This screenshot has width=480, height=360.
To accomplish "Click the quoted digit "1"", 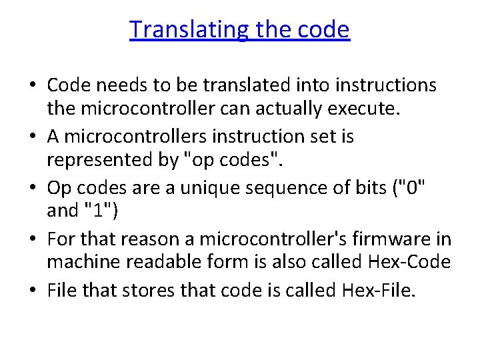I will point(99,212).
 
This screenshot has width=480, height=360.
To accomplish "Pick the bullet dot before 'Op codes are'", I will point(33,188).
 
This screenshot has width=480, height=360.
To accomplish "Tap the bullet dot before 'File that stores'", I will point(33,290).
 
